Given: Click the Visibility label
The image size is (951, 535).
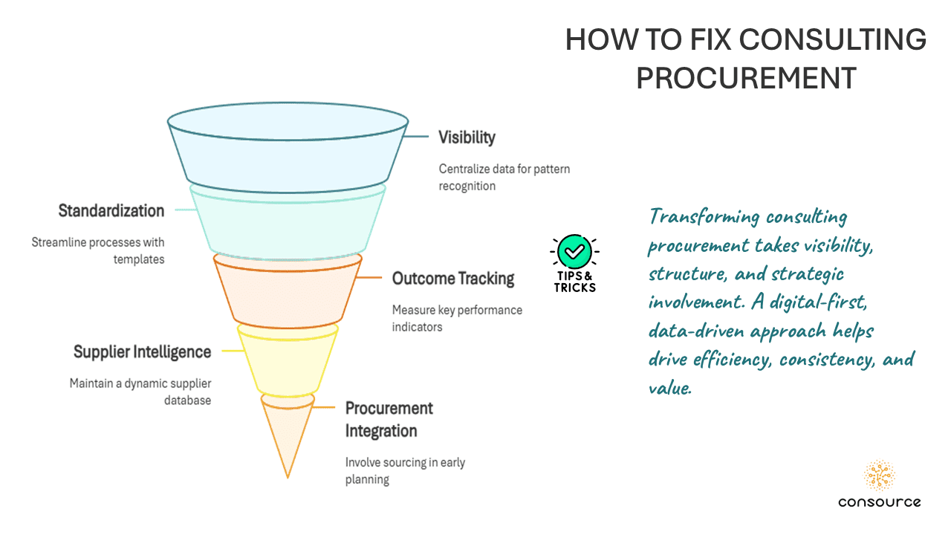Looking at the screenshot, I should [467, 137].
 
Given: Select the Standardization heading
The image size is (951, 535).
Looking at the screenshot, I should [111, 211].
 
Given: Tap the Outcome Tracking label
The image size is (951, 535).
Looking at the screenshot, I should [453, 279].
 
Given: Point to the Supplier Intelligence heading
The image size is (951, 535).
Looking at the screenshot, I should [142, 351].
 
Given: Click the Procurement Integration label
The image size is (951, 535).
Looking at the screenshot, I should [389, 419].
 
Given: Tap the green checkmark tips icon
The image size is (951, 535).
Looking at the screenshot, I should [574, 252].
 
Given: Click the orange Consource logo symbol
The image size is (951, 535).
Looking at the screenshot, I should [880, 476].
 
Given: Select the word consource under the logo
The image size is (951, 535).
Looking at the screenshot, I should [880, 502].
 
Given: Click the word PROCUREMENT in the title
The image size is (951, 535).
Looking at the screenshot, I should [746, 77].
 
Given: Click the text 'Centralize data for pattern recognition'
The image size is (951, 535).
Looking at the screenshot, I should [504, 177].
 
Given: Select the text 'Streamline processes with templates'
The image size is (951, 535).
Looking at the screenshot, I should [98, 250].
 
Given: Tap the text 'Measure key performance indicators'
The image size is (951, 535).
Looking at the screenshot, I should [457, 318].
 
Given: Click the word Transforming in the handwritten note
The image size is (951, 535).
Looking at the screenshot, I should [704, 217].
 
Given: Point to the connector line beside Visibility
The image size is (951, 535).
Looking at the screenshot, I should [417, 137].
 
